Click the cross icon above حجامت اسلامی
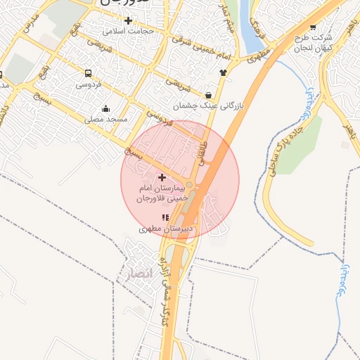click(x=127, y=20)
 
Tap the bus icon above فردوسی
click(x=88, y=73)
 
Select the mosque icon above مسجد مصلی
click(x=105, y=108)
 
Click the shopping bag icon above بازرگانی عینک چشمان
click(x=209, y=95)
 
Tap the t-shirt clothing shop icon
click(x=224, y=72)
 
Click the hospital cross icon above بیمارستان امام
click(x=162, y=177)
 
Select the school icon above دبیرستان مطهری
click(x=166, y=218)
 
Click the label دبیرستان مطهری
click(x=166, y=229)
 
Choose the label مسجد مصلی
click(x=106, y=120)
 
